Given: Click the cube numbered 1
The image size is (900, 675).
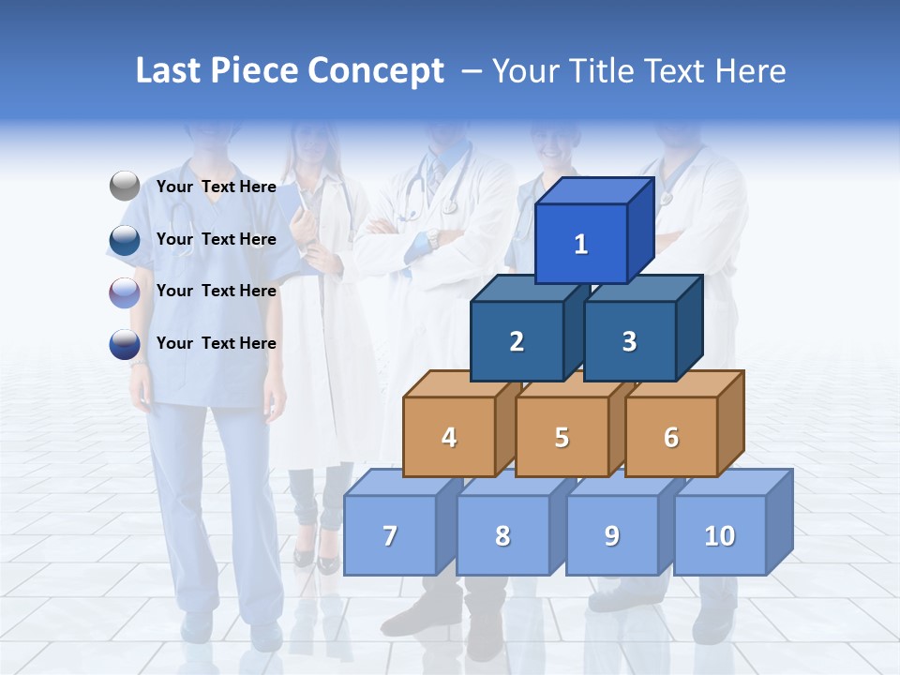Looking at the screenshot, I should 581,244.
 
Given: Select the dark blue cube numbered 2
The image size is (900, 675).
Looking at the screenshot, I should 517,341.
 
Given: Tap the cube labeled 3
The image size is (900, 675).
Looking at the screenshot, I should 629,341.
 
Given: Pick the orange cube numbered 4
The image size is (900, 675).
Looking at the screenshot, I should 449,437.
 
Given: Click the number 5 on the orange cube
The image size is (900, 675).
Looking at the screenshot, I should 562,437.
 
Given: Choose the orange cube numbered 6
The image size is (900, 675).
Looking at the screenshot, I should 671,437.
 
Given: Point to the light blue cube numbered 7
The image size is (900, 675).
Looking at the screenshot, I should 390,535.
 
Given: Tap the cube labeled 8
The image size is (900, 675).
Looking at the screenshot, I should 502,535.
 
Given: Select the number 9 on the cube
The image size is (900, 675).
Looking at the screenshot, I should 611,535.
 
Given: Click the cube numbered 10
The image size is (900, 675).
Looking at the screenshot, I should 720,535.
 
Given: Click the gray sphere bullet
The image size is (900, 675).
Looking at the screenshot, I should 125,187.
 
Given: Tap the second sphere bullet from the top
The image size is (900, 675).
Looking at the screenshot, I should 124,240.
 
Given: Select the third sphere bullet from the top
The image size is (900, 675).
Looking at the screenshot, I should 124,292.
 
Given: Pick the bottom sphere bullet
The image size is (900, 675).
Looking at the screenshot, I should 124,344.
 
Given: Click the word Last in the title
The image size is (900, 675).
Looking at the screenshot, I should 170,71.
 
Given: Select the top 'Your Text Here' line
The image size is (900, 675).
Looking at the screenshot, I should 217,187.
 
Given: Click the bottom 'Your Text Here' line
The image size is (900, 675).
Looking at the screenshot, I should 217,343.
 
